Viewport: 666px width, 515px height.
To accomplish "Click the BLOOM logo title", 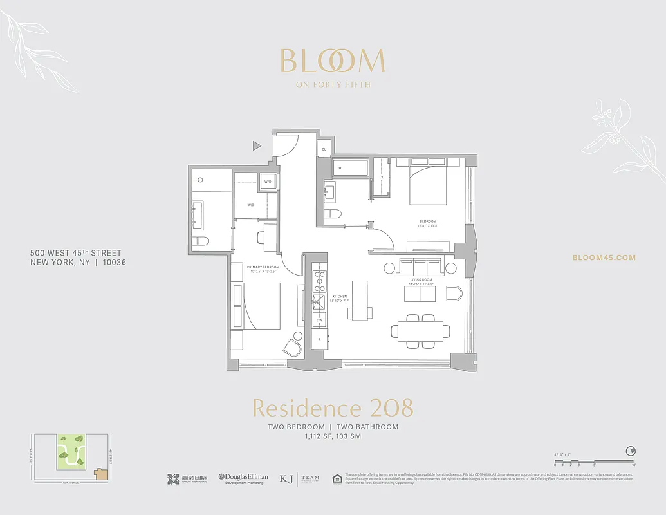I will pyautogui.click(x=332, y=61).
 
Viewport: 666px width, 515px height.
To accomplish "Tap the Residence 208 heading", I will pyautogui.click(x=332, y=408).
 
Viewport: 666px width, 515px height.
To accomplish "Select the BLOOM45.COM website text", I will pyautogui.click(x=604, y=257).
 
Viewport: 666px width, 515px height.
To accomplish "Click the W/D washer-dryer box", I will pyautogui.click(x=268, y=182).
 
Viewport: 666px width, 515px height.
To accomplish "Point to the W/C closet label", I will pyautogui.click(x=252, y=205).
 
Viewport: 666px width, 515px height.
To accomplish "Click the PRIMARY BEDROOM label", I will pyautogui.click(x=263, y=267).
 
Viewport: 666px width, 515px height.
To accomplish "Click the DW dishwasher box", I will pyautogui.click(x=319, y=320).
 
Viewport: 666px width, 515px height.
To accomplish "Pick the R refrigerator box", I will pyautogui.click(x=319, y=339).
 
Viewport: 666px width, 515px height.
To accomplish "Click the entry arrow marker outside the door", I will pyautogui.click(x=257, y=146).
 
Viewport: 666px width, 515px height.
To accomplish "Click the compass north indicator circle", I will pyautogui.click(x=632, y=451).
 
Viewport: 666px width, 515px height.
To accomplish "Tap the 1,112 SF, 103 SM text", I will pyautogui.click(x=333, y=436).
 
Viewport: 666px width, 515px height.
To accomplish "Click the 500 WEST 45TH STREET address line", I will pyautogui.click(x=76, y=253).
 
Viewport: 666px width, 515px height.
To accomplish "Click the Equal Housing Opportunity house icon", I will pyautogui.click(x=336, y=478).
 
